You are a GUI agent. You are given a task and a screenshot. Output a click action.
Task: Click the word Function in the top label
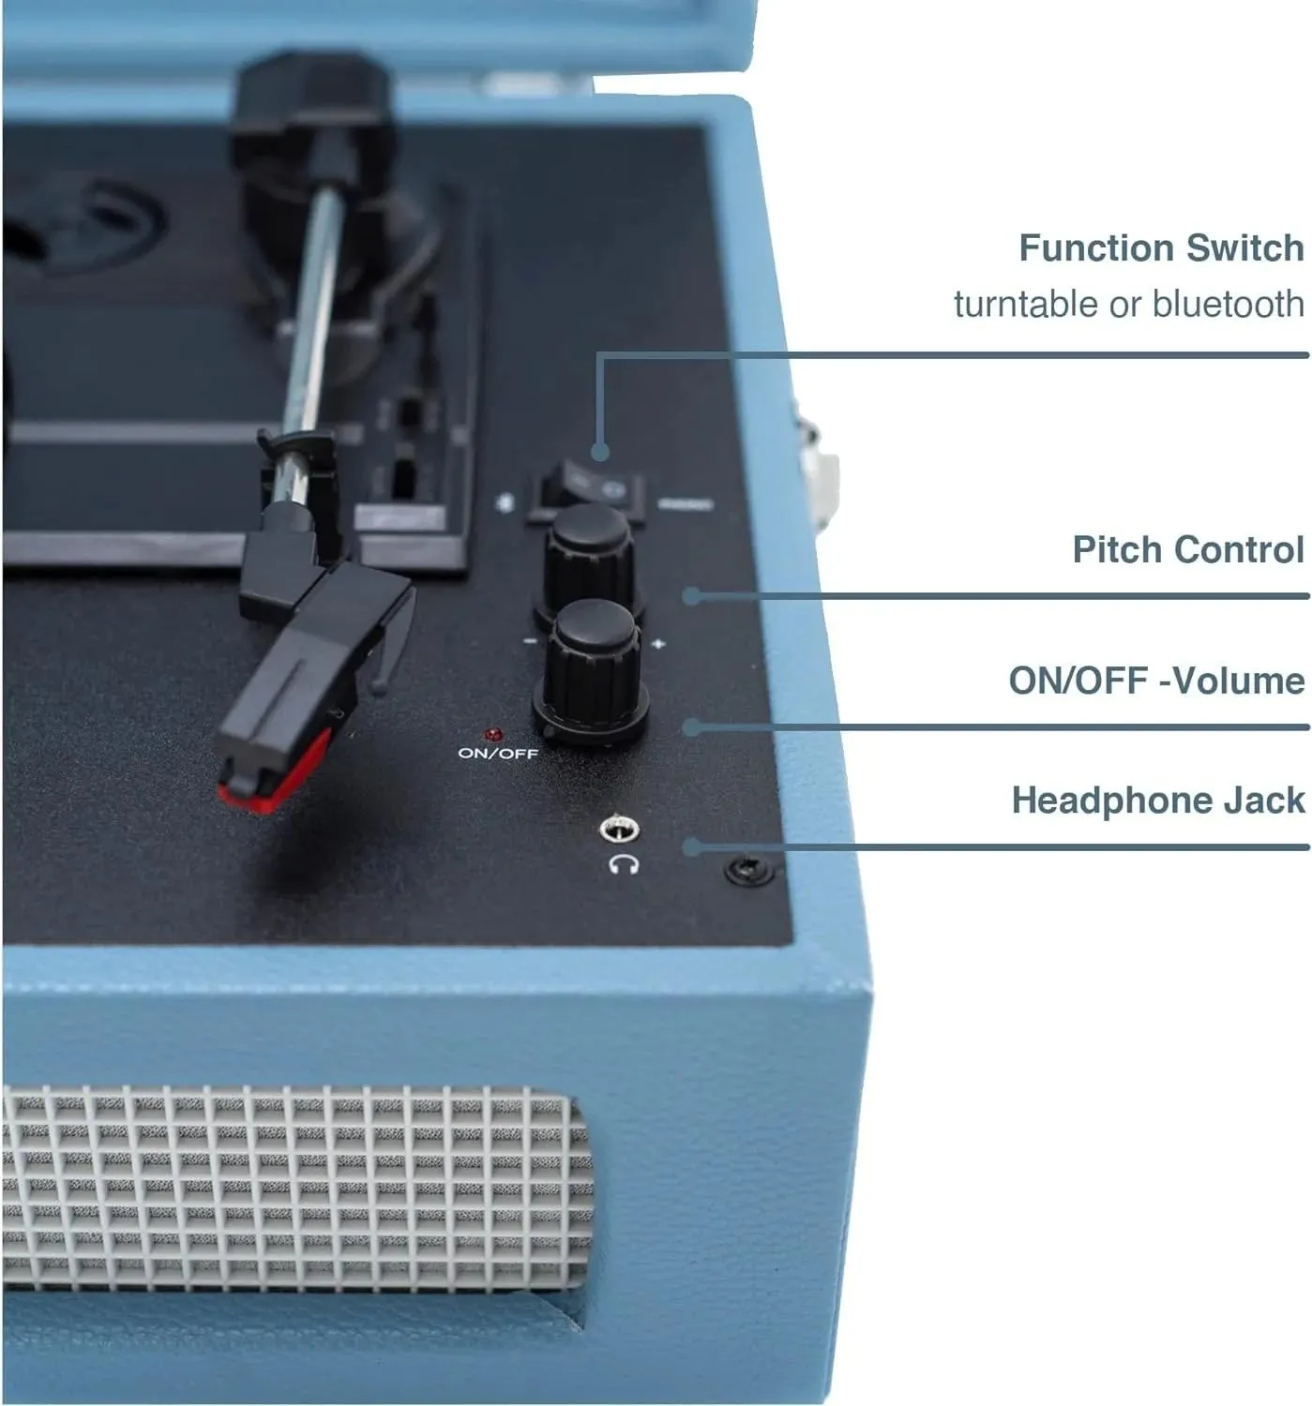(1096, 247)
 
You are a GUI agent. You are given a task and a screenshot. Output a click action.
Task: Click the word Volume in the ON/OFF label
(1239, 681)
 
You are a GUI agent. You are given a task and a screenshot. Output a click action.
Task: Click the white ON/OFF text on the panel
(498, 754)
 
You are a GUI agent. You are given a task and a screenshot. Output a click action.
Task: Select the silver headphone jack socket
(619, 829)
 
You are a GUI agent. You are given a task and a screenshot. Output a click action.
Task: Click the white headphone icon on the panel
(624, 864)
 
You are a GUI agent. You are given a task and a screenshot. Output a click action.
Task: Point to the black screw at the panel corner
(748, 870)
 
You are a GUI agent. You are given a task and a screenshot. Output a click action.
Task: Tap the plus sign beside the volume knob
(658, 644)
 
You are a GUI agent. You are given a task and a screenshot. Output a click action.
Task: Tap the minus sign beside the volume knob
(530, 641)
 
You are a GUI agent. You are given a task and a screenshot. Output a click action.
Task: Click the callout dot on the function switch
(600, 451)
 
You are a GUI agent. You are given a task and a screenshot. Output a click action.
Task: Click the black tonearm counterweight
(311, 106)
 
